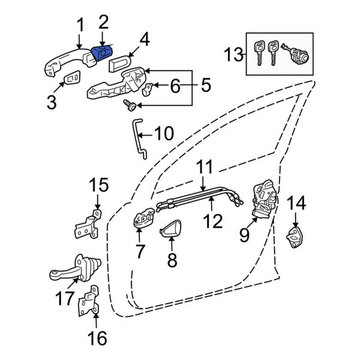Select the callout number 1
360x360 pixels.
pos(80,25)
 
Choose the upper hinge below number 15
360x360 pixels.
pos(88,224)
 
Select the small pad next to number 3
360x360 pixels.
pos(73,78)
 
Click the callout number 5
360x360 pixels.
pos(205,86)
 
